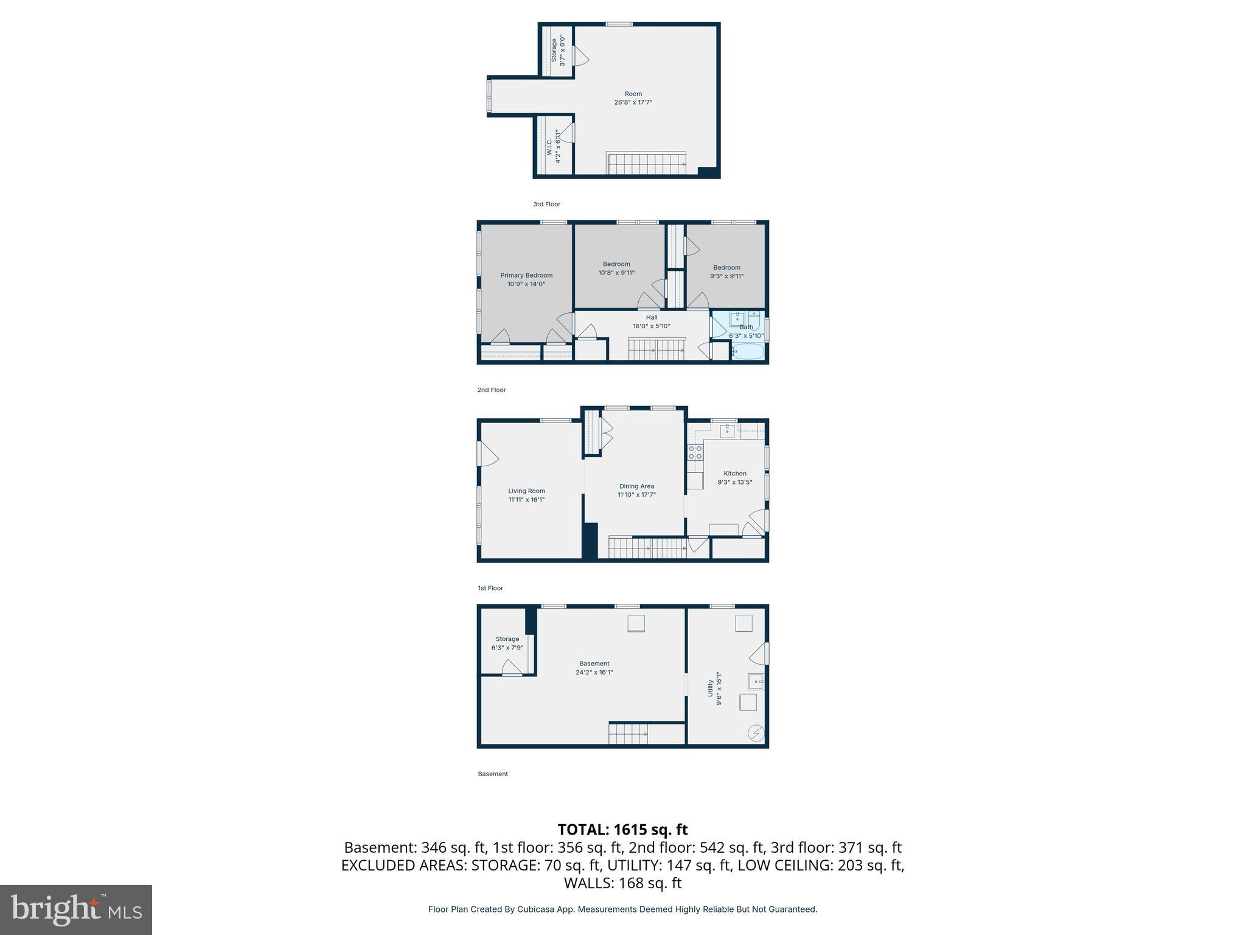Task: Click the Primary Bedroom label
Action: click(526, 275)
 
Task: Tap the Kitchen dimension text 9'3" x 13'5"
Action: click(734, 482)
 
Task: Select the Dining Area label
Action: click(636, 486)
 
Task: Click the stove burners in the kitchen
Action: click(695, 452)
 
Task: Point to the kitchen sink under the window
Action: click(728, 431)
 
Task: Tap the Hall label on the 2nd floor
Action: click(651, 317)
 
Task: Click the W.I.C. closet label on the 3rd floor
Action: click(549, 147)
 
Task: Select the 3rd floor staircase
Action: click(646, 163)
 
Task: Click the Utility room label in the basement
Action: click(710, 688)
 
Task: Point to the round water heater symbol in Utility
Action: click(756, 734)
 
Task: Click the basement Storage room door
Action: click(512, 669)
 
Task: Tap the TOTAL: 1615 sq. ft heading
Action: click(622, 829)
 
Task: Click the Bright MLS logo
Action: click(76, 910)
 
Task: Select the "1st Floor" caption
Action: click(490, 588)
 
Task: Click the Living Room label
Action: click(526, 491)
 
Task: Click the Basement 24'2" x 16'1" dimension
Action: click(594, 672)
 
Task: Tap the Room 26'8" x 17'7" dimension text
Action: click(633, 102)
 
